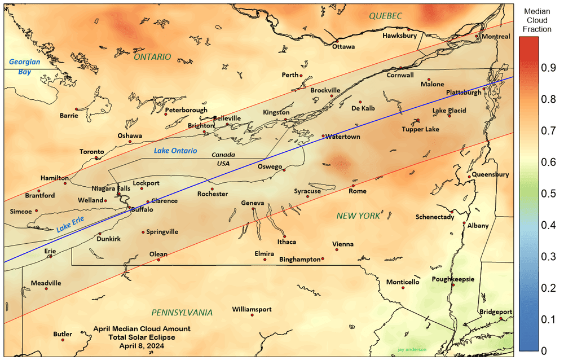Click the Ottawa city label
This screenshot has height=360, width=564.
point(343,47)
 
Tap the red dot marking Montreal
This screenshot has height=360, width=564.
point(477,36)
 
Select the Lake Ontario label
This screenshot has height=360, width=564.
point(175,151)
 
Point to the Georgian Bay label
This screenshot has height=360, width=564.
point(20,67)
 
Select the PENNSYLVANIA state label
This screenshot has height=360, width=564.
point(182,313)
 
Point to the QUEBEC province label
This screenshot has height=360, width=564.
point(385,16)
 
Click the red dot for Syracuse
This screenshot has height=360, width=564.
point(308,196)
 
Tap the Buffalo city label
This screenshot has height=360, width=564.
point(142,209)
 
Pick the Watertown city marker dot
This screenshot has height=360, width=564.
point(323,136)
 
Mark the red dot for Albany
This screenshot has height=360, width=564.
point(464,223)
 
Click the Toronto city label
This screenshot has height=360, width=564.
point(91,152)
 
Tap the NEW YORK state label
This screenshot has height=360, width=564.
point(358,216)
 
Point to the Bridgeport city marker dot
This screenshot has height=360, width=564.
point(501,319)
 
